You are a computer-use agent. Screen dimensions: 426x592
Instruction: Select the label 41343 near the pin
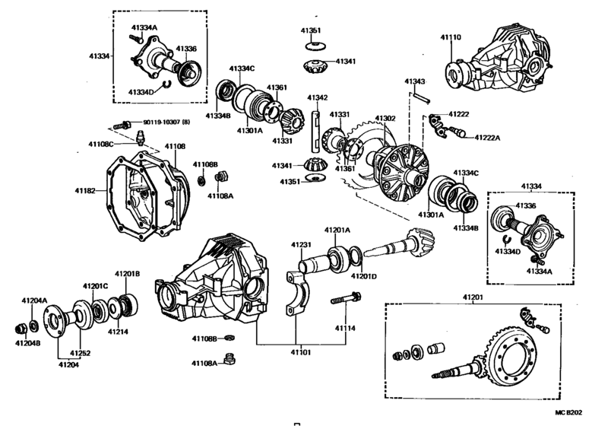pyautogui.click(x=414, y=81)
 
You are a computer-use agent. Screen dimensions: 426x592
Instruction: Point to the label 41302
pyautogui.click(x=385, y=119)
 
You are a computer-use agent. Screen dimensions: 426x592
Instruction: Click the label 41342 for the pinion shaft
pyautogui.click(x=317, y=97)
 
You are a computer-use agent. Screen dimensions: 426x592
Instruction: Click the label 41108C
pyautogui.click(x=100, y=144)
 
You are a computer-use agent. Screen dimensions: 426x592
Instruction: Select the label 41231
pyautogui.click(x=302, y=245)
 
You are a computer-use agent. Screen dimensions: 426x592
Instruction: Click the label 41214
pyautogui.click(x=117, y=332)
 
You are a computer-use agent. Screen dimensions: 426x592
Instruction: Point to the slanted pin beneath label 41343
pyautogui.click(x=423, y=97)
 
